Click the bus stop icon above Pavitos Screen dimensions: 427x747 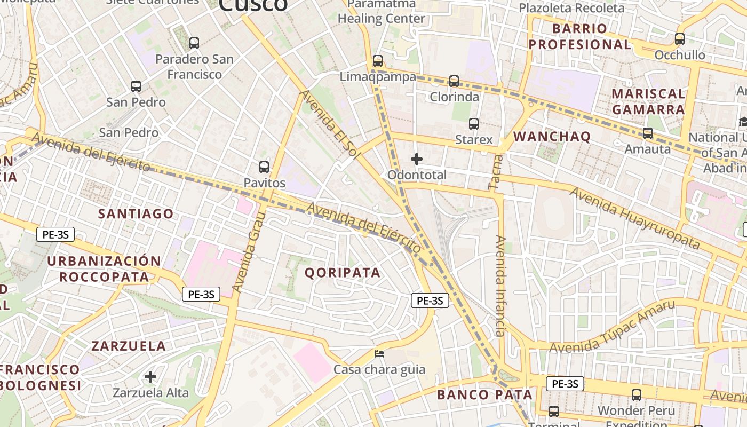click(264, 167)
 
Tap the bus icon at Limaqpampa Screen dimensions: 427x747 click(378, 61)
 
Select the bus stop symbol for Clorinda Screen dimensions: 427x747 click(454, 81)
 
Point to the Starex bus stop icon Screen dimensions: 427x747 click(474, 124)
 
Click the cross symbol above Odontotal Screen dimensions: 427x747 click(417, 159)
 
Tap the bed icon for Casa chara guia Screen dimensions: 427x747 click(379, 353)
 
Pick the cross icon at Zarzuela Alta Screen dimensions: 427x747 click(150, 377)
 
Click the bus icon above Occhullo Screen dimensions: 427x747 click(680, 39)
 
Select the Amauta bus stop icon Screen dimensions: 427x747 click(648, 133)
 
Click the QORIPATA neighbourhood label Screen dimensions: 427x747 click(343, 273)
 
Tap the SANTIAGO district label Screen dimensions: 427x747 click(136, 214)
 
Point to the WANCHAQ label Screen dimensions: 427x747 click(552, 137)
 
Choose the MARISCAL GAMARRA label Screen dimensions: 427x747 click(648, 101)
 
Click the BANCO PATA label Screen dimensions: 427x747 click(484, 395)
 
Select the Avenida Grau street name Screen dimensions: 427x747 click(249, 251)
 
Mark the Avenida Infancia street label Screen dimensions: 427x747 click(500, 286)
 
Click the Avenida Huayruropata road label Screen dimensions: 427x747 click(634, 218)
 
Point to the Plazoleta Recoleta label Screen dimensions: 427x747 click(571, 8)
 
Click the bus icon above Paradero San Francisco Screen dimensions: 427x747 click(194, 43)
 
